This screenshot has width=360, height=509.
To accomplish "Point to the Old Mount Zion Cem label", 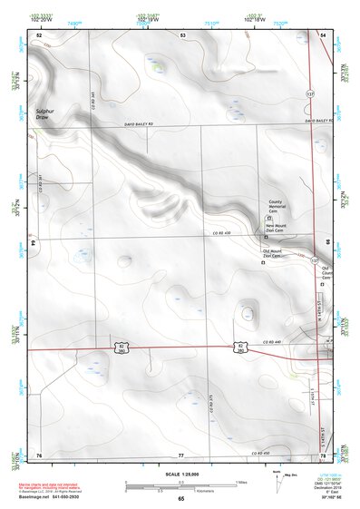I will (274, 254).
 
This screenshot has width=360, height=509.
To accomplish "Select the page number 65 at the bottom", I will (180, 499).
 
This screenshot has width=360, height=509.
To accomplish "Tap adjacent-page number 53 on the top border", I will (182, 34).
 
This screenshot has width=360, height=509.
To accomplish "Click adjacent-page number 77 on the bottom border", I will (181, 455).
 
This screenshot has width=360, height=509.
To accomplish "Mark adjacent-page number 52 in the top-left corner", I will (39, 34).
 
